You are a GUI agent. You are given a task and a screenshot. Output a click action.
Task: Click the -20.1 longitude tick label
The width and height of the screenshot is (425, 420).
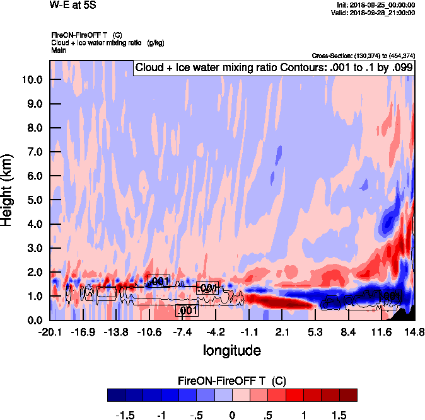pyautogui.click(x=50, y=332)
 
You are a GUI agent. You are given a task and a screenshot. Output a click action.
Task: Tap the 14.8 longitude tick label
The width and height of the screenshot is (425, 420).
pyautogui.click(x=414, y=332)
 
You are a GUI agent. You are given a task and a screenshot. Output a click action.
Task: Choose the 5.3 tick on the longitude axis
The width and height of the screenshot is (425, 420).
pyautogui.click(x=315, y=332)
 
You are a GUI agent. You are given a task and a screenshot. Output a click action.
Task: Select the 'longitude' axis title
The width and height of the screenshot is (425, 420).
pyautogui.click(x=231, y=349)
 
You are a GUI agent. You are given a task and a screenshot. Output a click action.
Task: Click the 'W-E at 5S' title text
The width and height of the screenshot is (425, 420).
pyautogui.click(x=73, y=5)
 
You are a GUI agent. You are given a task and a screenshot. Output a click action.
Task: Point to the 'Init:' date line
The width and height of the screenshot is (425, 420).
pyautogui.click(x=376, y=5)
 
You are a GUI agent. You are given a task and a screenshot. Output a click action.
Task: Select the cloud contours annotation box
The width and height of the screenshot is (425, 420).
pyautogui.click(x=274, y=67)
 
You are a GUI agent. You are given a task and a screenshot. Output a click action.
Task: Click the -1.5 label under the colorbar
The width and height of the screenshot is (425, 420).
pyautogui.click(x=127, y=416)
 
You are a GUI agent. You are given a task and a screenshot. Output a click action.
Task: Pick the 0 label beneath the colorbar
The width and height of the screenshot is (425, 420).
pyautogui.click(x=232, y=416)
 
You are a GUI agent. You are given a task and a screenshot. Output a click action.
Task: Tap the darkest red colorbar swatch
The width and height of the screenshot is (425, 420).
pyautogui.click(x=348, y=395)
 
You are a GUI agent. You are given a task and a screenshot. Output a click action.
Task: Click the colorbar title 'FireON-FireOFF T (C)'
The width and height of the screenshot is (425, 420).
pyautogui.click(x=232, y=381)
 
